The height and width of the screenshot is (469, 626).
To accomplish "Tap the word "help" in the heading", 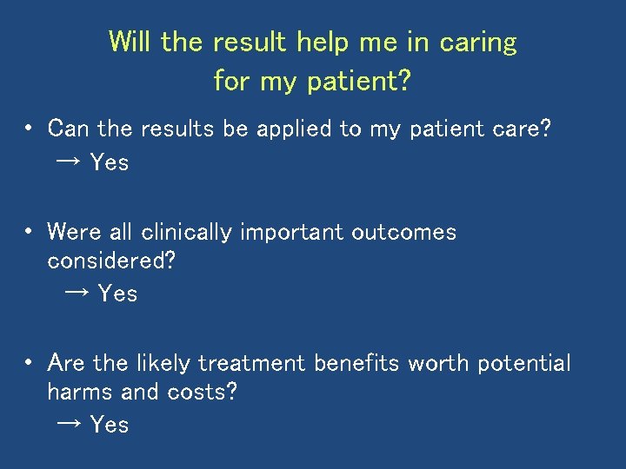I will click(x=324, y=43).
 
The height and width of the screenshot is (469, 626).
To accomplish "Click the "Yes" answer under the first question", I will click(x=110, y=162).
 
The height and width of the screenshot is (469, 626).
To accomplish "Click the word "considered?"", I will click(x=111, y=261).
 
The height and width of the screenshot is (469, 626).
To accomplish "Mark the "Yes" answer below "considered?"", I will click(x=117, y=294).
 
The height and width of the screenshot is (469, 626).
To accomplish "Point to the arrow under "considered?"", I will click(x=77, y=294).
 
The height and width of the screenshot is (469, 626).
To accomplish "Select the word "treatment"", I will click(x=252, y=363).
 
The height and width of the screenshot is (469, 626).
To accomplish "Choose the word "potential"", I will click(x=524, y=364).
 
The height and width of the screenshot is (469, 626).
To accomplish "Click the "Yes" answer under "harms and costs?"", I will click(x=110, y=425).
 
